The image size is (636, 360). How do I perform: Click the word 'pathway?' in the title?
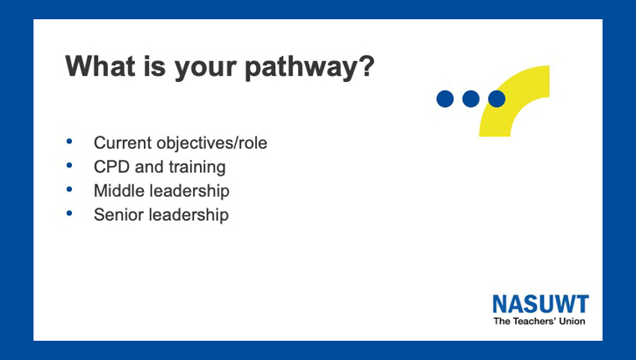click(310, 67)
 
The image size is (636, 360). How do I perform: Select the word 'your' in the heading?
click(206, 69)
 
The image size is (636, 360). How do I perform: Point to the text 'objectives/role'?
click(212, 143)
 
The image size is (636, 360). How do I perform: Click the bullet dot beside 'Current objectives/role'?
click(69, 141)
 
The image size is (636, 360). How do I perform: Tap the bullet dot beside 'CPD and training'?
click(69, 165)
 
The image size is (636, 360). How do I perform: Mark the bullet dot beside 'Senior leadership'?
click(69, 213)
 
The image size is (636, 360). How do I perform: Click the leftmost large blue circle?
click(445, 99)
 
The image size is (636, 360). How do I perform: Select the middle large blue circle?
click(471, 99)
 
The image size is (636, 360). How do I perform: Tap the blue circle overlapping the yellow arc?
click(496, 99)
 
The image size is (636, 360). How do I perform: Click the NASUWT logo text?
click(541, 304)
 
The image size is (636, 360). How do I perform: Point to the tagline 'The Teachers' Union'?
click(540, 321)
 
